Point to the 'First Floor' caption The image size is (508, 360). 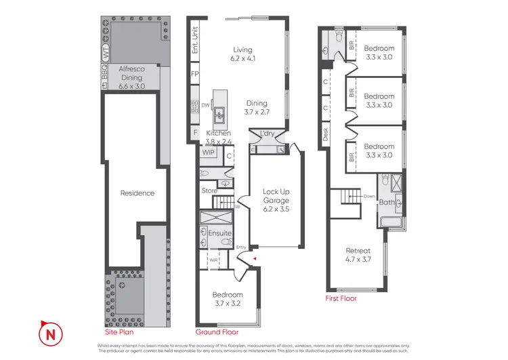click(340, 298)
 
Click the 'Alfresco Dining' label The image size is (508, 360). click(131, 73)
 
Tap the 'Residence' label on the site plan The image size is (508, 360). click(137, 193)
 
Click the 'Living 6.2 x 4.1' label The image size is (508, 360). click(242, 54)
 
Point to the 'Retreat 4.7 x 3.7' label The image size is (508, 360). click(359, 255)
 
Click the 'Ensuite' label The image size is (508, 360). click(220, 233)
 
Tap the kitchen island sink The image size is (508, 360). click(220, 113)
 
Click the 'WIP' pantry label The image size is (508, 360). click(207, 153)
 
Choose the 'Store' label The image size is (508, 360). click(209, 191)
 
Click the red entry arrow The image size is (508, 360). click(255, 258)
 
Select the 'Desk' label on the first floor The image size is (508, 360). click(326, 135)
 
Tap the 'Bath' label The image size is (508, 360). click(387, 202)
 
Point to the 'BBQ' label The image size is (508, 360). click(105, 82)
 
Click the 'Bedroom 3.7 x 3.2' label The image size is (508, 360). click(227, 299)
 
